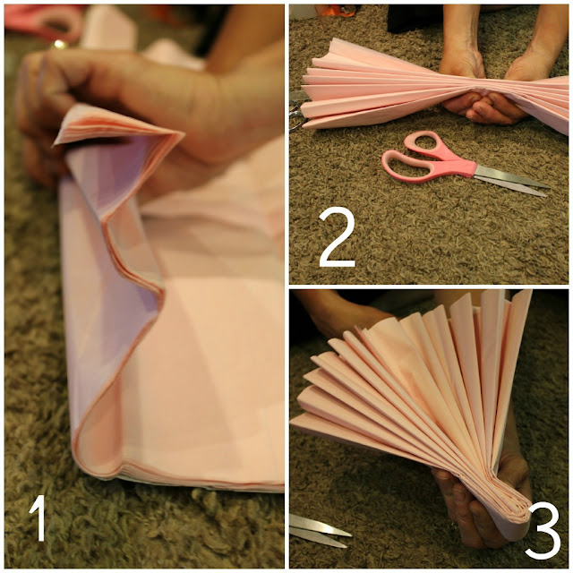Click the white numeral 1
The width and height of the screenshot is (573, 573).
[38, 517]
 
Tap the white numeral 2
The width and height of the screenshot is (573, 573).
[337, 236]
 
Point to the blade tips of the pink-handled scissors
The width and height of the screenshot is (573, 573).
[547, 190]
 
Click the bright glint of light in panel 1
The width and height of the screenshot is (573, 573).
[59, 45]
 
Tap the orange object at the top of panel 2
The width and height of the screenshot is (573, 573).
[338, 11]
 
